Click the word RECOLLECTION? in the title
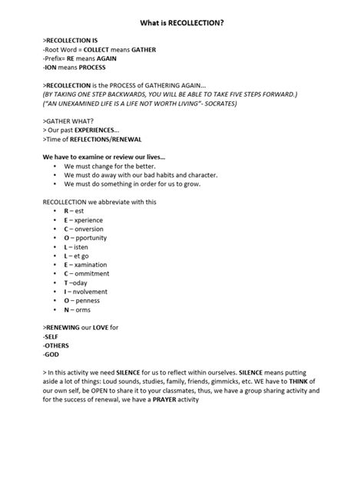click(192, 24)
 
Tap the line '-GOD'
click(52, 355)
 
